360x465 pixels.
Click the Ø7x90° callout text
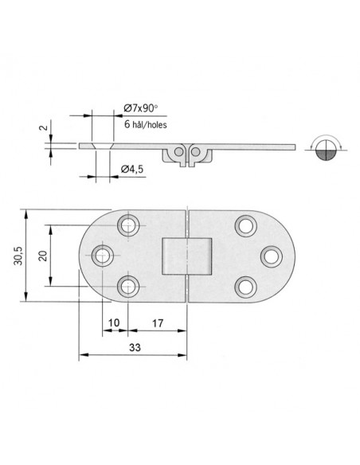pyautogui.click(x=143, y=108)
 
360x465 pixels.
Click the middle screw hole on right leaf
pyautogui.click(x=270, y=256)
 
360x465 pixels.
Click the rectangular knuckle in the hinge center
pyautogui.click(x=186, y=256)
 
